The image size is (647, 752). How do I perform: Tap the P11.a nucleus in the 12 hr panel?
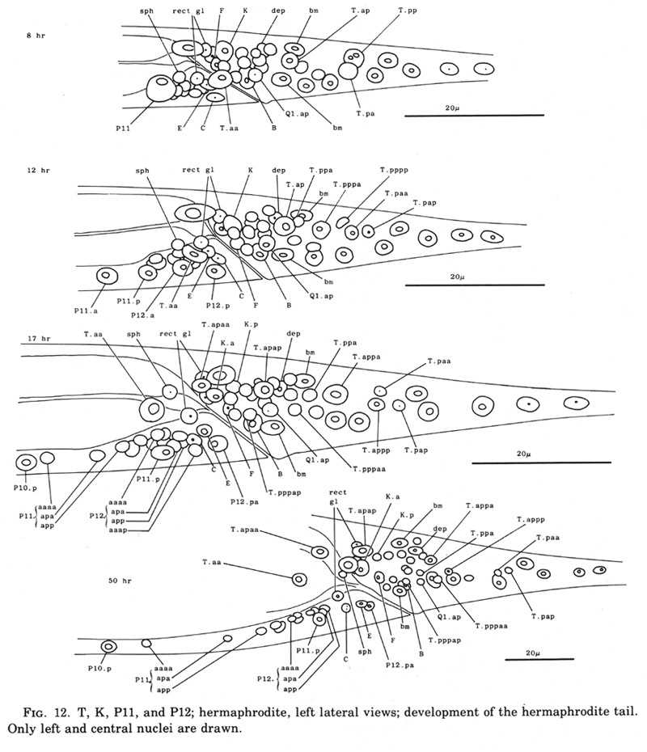coord(106,276)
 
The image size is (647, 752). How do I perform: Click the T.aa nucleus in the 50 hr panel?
coord(298,579)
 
